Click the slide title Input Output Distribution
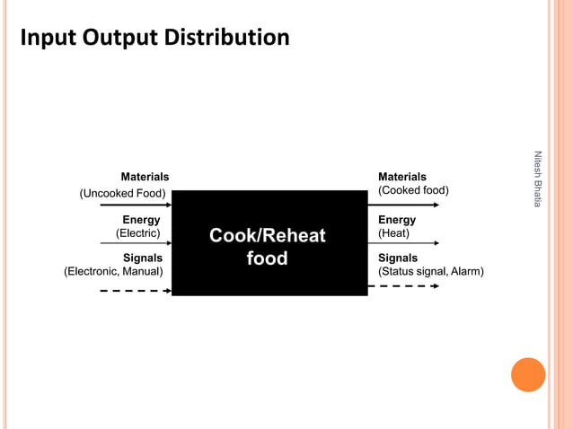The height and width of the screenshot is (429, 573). [154, 38]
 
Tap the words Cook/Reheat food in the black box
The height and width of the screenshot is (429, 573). [267, 247]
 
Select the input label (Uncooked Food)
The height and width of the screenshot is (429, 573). [122, 193]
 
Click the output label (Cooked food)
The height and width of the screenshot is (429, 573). [413, 190]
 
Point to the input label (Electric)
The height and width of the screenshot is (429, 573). [138, 233]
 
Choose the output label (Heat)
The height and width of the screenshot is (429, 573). [393, 233]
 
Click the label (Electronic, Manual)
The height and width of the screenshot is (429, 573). [113, 271]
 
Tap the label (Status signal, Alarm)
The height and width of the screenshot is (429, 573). [430, 271]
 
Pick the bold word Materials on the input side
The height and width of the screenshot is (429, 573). [145, 177]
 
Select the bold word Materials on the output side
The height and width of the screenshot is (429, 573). [402, 177]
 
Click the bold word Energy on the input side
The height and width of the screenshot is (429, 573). [141, 220]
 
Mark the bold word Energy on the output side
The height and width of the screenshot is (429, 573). [397, 220]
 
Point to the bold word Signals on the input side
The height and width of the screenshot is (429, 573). [143, 258]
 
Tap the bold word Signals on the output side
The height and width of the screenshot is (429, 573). [398, 258]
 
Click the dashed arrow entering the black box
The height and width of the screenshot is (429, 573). [135, 291]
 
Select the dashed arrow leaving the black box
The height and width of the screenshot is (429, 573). [403, 286]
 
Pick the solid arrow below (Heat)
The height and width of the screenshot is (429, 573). [403, 243]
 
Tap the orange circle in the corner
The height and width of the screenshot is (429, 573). [528, 375]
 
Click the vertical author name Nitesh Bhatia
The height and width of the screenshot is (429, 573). [537, 179]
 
